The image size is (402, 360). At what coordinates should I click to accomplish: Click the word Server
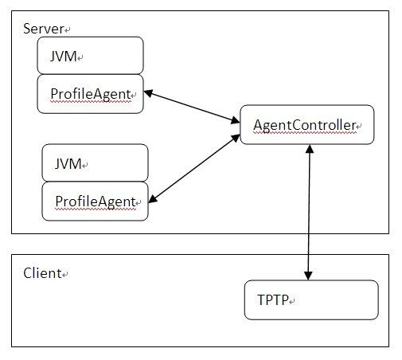coord(43,29)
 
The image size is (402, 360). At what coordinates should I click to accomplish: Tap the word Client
coord(42,273)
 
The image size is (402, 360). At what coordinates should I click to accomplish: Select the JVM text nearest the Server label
coord(63,57)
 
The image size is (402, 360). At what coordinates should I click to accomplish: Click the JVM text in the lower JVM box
coord(68,163)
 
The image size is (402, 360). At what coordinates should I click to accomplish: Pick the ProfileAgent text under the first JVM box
coord(91,94)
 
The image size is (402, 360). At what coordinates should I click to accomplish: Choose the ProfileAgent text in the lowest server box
coord(96,202)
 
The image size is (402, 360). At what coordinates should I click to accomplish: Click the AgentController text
coord(305,125)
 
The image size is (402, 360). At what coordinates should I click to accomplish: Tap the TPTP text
coord(273,300)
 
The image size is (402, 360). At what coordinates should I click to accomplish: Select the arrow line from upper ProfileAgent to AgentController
coord(192,107)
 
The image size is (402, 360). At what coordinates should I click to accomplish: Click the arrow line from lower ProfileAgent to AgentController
coord(194,169)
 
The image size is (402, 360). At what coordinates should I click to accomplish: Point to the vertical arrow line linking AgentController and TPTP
coord(309,213)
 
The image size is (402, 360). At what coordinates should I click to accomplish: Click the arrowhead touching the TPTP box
coord(308,276)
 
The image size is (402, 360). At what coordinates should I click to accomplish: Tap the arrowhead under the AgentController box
coord(310,149)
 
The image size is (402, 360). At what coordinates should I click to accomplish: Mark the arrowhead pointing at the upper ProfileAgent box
coord(148,93)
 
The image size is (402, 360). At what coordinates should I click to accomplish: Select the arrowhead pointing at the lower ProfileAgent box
coord(153,199)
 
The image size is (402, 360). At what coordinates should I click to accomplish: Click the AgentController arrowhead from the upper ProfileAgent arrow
coord(236,120)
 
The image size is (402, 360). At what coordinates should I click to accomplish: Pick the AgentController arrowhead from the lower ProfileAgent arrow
coord(236,138)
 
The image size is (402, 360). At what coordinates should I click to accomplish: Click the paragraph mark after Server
coord(67,30)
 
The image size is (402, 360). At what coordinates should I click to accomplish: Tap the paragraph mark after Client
coord(65,275)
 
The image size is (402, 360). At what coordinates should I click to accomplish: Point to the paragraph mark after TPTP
coord(292,302)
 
